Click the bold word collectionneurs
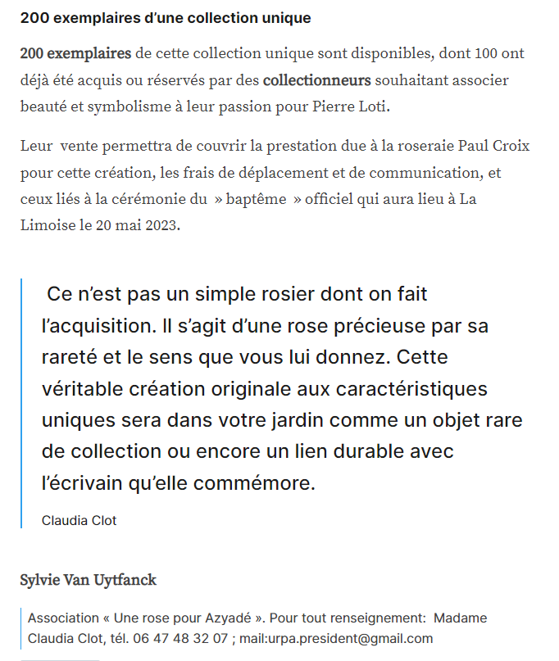[x=316, y=80]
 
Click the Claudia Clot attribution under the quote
[x=80, y=521]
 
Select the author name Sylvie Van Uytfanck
[x=88, y=580]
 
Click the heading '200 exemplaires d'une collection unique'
[x=165, y=18]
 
